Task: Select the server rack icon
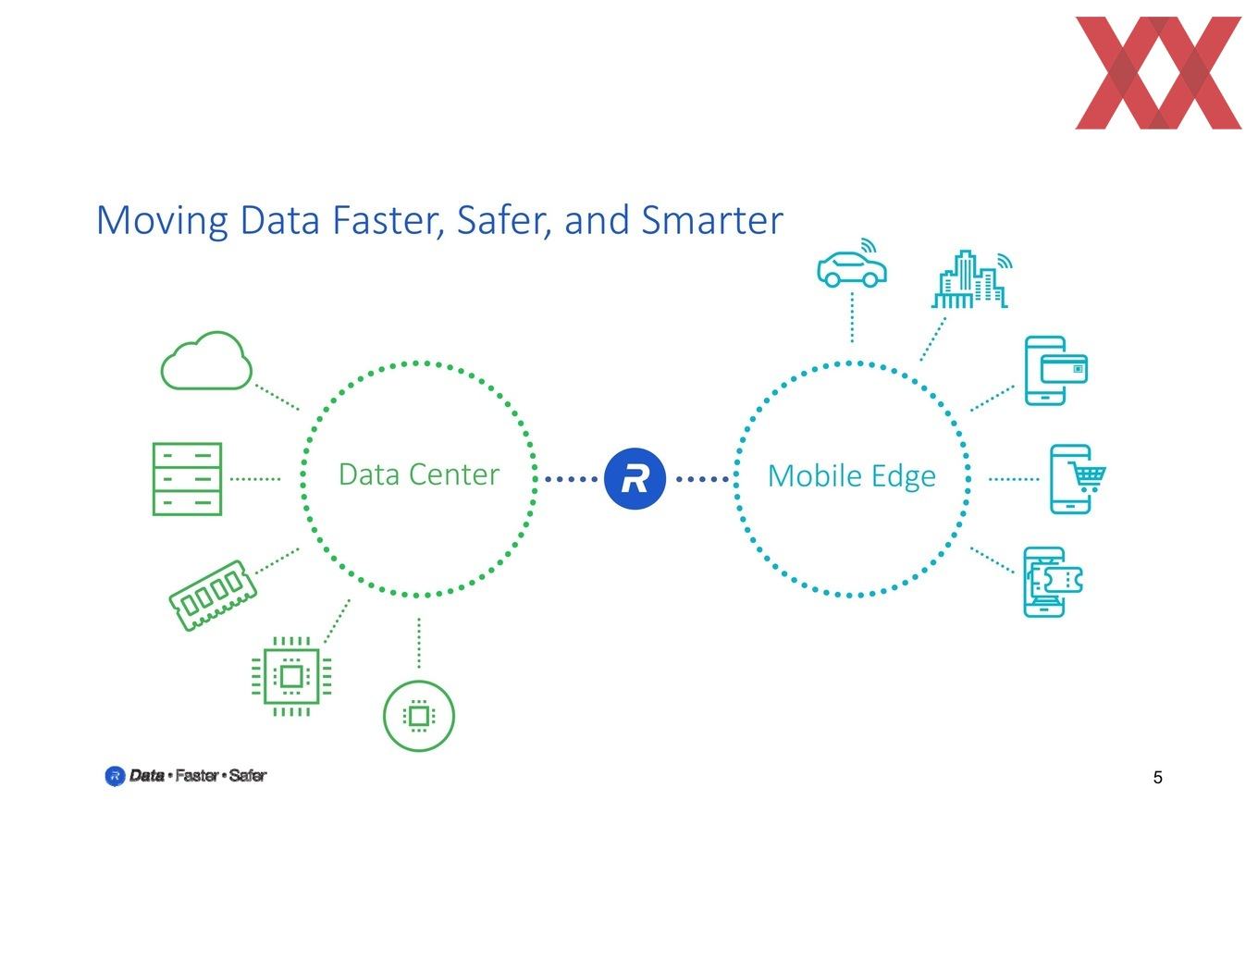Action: pos(187,478)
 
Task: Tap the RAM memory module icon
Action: pos(213,595)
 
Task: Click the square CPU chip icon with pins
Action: pos(291,676)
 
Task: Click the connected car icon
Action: pos(852,264)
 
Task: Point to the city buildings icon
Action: pos(971,279)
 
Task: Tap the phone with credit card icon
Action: pos(1055,370)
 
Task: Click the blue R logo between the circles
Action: pos(635,478)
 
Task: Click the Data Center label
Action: pos(418,474)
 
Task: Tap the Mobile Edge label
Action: pos(852,477)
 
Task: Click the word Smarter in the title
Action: pos(712,220)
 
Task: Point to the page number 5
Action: pos(1157,777)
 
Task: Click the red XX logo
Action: pos(1158,72)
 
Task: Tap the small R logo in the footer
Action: pos(115,776)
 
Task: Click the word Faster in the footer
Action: pos(197,775)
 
